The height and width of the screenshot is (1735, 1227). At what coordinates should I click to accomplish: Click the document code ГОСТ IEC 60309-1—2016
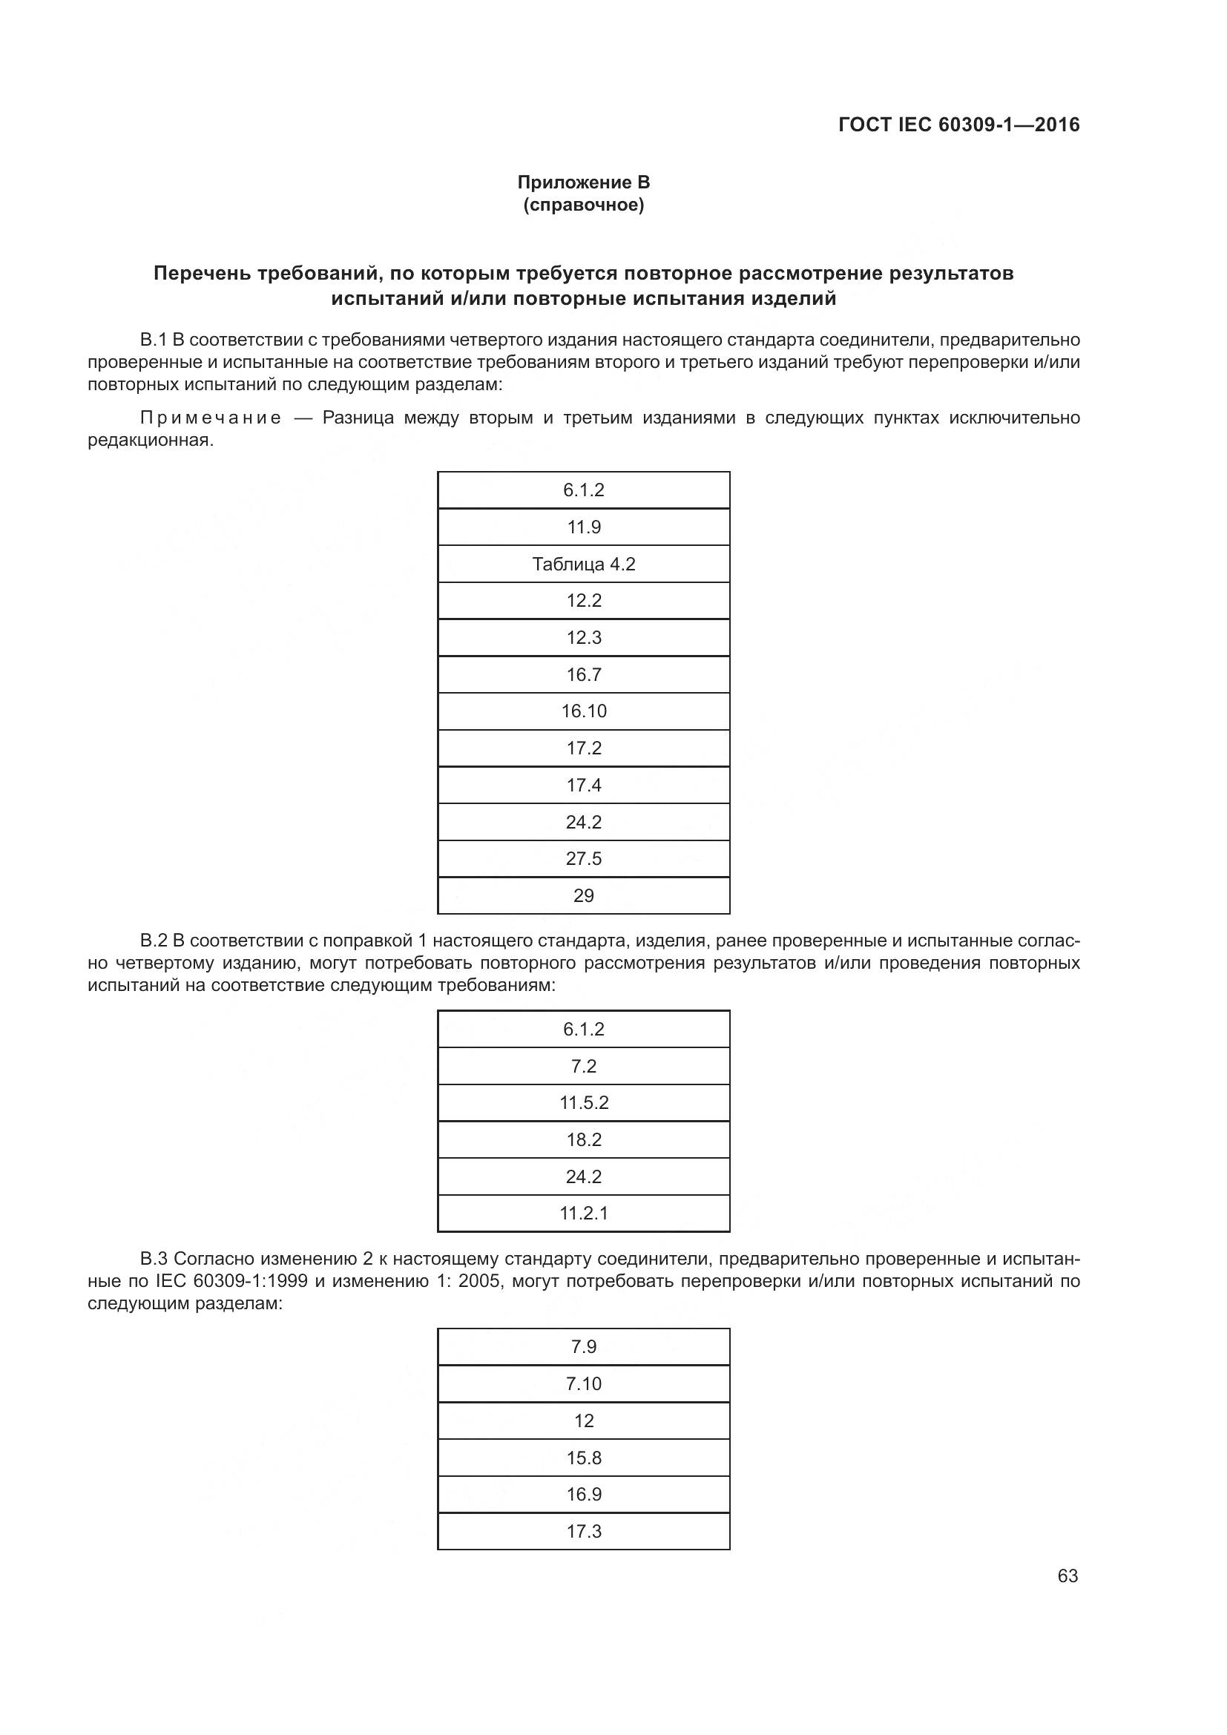[x=958, y=125]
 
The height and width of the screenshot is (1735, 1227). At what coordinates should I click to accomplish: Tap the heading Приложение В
[x=583, y=182]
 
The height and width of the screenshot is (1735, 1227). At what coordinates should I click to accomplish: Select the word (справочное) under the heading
[x=583, y=205]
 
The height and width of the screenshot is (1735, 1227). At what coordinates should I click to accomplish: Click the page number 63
[x=1068, y=1576]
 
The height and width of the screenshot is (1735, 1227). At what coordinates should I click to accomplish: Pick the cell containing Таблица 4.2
[x=583, y=564]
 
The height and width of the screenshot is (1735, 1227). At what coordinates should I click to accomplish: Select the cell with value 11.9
[x=583, y=527]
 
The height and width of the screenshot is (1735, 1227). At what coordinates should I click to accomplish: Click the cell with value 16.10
[x=583, y=711]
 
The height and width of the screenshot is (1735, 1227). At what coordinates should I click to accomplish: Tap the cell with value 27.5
[x=583, y=858]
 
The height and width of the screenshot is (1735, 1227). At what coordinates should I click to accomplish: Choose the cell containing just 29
[x=583, y=895]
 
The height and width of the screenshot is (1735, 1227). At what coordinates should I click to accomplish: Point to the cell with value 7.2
[x=583, y=1066]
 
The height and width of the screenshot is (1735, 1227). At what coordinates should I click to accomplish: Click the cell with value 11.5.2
[x=583, y=1102]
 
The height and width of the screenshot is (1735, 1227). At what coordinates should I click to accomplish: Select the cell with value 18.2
[x=583, y=1139]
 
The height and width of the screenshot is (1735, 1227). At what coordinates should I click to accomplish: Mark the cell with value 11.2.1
[x=583, y=1213]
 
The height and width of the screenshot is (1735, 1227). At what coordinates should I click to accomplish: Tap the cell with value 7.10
[x=583, y=1383]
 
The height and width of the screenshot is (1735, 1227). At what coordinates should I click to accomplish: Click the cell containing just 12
[x=583, y=1420]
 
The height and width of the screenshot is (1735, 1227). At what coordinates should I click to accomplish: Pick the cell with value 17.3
[x=583, y=1531]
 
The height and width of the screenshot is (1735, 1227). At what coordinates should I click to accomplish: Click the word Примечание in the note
[x=211, y=418]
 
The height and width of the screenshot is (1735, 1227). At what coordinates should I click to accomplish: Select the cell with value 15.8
[x=583, y=1458]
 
